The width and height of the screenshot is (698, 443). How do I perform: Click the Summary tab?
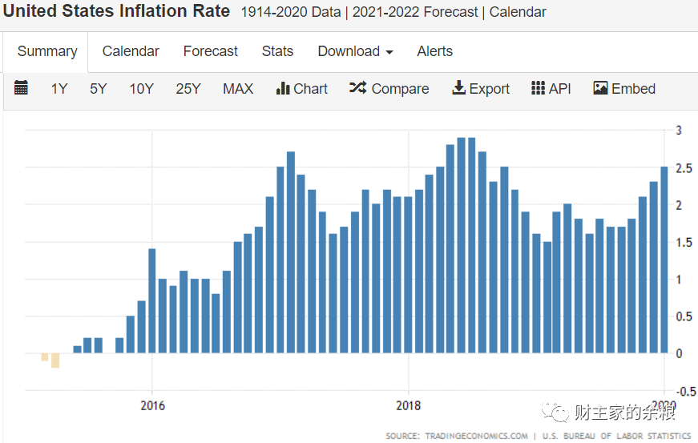(x=47, y=51)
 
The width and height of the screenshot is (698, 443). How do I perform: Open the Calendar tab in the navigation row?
(x=131, y=51)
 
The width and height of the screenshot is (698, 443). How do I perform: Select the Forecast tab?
(x=210, y=51)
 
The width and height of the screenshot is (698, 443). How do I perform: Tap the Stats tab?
(x=277, y=51)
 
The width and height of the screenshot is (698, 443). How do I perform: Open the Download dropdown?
(x=355, y=51)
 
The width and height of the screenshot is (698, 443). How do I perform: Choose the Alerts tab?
(x=434, y=51)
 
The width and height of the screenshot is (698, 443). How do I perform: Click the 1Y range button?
(x=59, y=89)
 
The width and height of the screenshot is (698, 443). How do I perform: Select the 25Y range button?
(x=188, y=89)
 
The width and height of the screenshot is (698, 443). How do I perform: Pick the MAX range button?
(x=238, y=89)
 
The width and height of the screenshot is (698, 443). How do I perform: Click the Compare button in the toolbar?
(x=389, y=89)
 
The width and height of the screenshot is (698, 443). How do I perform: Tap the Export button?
(x=481, y=89)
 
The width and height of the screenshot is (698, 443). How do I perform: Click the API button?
(x=551, y=89)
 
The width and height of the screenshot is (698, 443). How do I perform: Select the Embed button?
(x=624, y=89)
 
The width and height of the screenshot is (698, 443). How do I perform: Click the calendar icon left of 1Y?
(x=22, y=88)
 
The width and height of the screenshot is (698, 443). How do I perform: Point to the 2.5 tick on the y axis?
(x=683, y=167)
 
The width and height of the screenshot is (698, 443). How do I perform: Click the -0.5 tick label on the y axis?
(x=685, y=391)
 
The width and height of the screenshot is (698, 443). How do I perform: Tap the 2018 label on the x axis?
(x=409, y=405)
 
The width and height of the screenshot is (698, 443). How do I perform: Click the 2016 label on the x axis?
(x=152, y=405)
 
